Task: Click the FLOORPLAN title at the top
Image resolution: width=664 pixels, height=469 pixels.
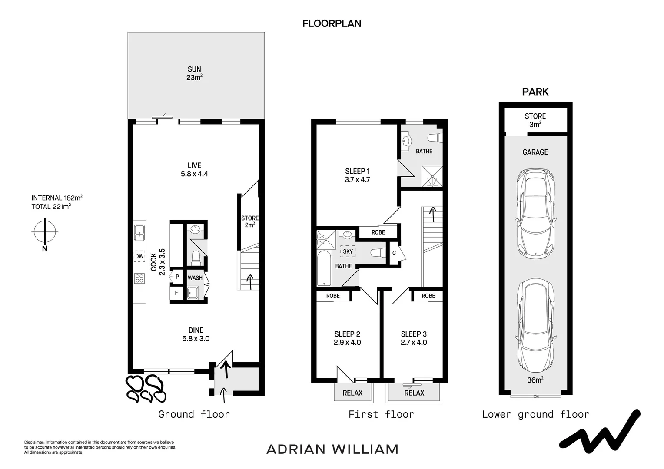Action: tap(332, 23)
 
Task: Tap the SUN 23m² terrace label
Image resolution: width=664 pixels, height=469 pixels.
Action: tap(194, 73)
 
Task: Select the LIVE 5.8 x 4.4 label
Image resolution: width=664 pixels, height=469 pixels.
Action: tap(194, 169)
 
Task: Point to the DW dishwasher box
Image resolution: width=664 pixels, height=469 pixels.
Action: tap(139, 256)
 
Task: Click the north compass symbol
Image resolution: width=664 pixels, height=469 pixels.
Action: tap(44, 231)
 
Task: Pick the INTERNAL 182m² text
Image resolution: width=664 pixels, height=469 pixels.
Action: tap(57, 198)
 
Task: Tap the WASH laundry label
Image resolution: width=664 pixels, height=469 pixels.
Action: tap(195, 278)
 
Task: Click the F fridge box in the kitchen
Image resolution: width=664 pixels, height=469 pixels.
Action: tap(176, 293)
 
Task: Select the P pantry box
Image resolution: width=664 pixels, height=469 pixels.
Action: tap(177, 277)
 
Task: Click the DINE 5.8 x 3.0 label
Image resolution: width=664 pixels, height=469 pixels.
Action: tap(196, 334)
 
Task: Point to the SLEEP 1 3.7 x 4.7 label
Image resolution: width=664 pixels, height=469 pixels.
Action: tap(357, 175)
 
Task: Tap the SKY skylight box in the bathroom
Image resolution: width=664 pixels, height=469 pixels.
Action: tap(348, 251)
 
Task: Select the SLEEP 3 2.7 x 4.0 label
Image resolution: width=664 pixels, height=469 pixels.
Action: tap(414, 338)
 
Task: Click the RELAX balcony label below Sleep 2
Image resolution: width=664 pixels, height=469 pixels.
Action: tap(352, 393)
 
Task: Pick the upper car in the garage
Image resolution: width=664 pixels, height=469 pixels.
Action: tap(535, 214)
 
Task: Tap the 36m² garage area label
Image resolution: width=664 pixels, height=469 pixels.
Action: tap(535, 380)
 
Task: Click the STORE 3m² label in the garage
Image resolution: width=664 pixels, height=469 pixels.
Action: tap(535, 120)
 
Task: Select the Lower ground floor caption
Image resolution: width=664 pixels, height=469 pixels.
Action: tap(535, 414)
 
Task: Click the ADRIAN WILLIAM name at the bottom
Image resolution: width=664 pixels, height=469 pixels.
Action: tap(332, 449)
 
